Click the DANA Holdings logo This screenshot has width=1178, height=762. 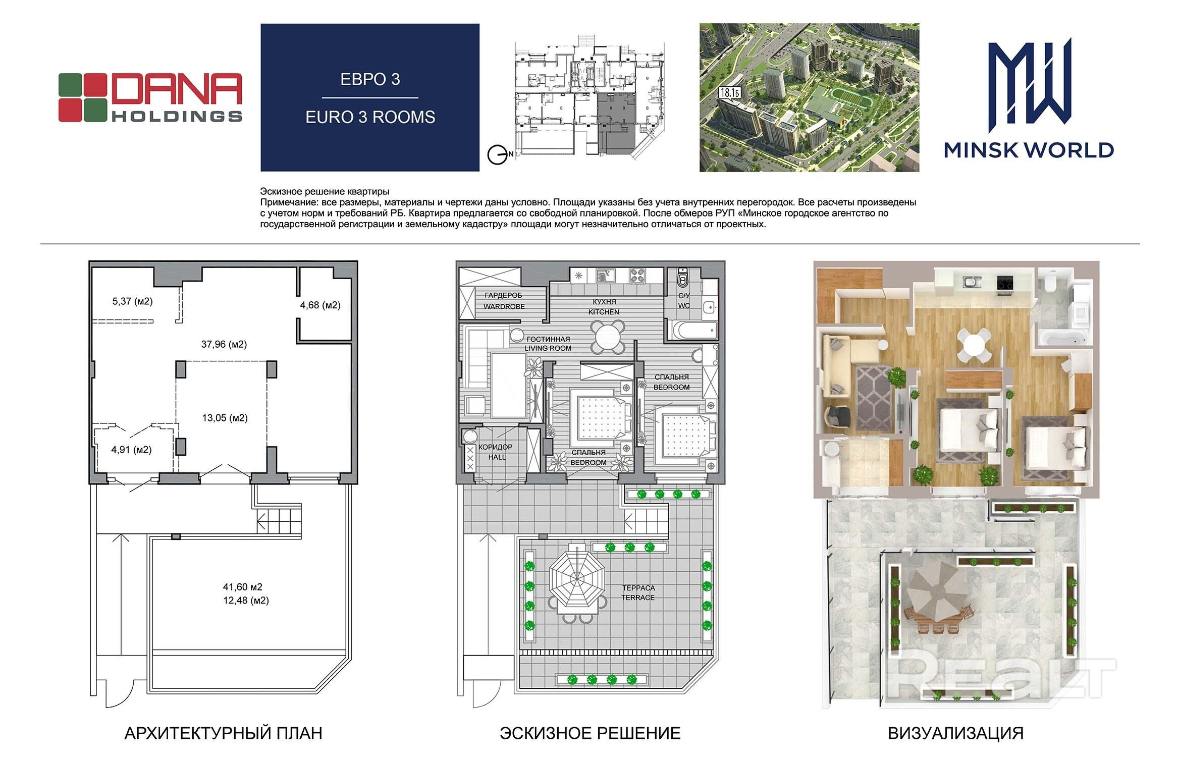tap(150, 97)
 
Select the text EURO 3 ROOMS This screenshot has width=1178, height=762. tap(370, 117)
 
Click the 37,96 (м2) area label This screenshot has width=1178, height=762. tap(224, 344)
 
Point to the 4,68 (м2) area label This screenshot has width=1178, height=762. tap(320, 305)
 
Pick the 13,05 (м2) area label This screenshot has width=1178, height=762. tap(225, 418)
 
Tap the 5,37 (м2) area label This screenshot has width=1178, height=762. tap(132, 301)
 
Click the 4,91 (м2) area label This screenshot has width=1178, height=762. tap(131, 449)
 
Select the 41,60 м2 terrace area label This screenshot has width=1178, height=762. tap(243, 587)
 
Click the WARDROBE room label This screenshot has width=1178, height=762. tap(504, 306)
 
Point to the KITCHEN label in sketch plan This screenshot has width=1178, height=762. tap(604, 312)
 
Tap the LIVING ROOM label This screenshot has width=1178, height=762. tap(548, 348)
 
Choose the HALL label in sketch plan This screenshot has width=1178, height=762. tap(497, 457)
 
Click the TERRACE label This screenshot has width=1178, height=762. tap(638, 597)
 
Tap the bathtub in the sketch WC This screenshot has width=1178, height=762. tap(692, 331)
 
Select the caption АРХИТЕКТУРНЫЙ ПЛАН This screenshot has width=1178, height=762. tap(223, 733)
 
